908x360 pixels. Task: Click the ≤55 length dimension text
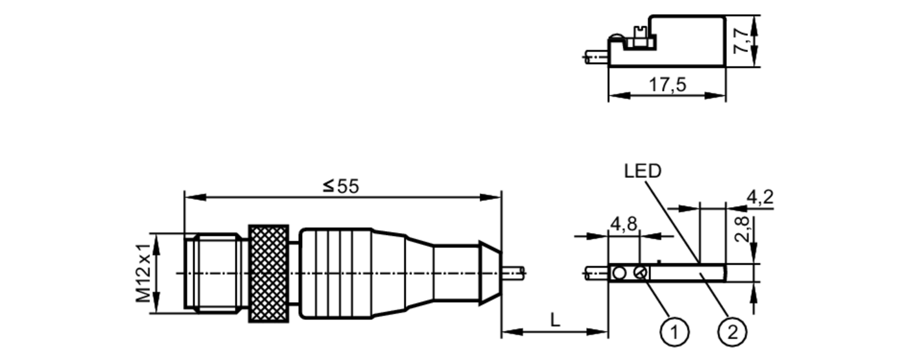click(341, 186)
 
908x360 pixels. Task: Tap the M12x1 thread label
click(144, 273)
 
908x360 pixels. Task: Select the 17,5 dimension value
click(667, 85)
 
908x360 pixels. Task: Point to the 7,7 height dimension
click(741, 41)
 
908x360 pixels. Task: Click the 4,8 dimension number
click(623, 224)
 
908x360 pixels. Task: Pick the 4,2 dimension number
click(760, 197)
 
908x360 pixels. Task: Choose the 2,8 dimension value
click(741, 230)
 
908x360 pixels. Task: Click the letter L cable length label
click(555, 320)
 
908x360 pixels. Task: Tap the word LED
click(642, 171)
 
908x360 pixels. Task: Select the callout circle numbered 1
click(674, 332)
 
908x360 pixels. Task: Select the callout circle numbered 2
click(732, 332)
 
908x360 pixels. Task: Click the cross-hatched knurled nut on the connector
click(268, 273)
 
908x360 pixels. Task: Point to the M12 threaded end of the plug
click(213, 272)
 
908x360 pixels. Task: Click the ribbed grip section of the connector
click(336, 273)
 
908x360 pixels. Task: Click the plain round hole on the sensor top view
click(619, 273)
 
